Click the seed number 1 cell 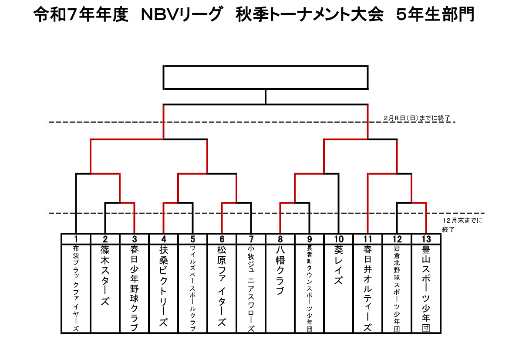point(76,239)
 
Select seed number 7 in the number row point(251,239)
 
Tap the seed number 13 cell point(426,239)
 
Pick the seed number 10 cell point(339,239)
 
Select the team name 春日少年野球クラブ point(134,288)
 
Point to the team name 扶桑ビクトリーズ point(163,288)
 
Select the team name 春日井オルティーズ point(368,288)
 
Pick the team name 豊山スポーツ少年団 point(426,288)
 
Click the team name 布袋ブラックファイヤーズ point(76,288)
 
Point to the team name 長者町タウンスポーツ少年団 point(310,288)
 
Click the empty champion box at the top point(266,77)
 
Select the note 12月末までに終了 point(462,224)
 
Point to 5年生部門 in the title point(435,15)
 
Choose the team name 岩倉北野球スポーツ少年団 point(397,288)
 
